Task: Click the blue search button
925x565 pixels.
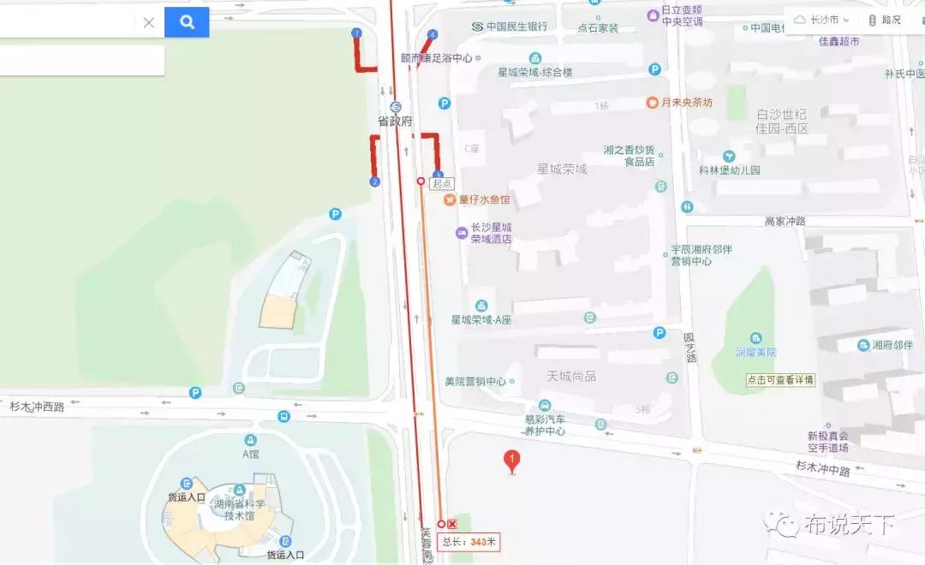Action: tap(187, 22)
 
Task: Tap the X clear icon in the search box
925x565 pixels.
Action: tap(148, 22)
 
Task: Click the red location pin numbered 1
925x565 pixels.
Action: tap(512, 461)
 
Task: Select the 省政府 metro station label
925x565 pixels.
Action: tap(396, 122)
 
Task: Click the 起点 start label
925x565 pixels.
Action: tap(442, 182)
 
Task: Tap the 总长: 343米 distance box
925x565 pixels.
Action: tap(468, 541)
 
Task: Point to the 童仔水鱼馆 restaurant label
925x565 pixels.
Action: tap(484, 199)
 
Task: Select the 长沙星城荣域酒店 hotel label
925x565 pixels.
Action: tap(491, 233)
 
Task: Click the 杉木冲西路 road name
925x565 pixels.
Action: tap(37, 407)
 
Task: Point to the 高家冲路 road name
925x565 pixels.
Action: tap(785, 221)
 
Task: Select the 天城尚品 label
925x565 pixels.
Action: tap(571, 376)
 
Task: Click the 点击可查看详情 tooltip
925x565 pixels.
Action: tap(779, 380)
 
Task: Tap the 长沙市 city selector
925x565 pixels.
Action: tap(822, 20)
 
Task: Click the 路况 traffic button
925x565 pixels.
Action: tap(886, 20)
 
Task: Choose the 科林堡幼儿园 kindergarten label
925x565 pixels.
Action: tap(730, 169)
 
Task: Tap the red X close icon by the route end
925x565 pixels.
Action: tap(453, 524)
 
